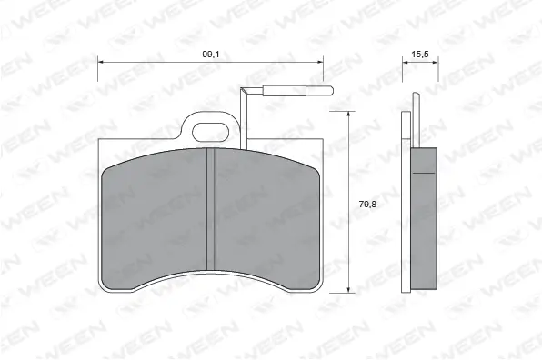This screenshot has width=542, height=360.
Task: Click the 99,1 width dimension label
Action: [210, 55]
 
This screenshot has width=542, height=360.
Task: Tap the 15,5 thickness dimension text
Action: [419, 55]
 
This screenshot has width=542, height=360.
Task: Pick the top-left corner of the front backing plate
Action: [99, 141]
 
